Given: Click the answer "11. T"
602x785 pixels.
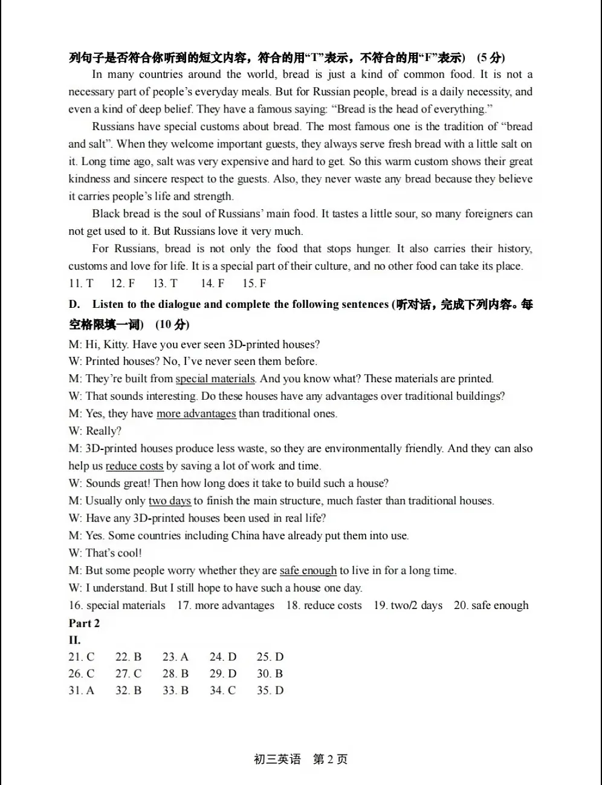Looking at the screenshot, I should (81, 283).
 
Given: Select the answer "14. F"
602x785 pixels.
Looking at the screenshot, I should (212, 283).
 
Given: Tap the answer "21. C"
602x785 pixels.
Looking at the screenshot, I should (82, 657).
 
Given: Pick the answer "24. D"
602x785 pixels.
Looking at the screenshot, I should (223, 657).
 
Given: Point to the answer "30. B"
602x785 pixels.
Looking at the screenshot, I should (270, 674).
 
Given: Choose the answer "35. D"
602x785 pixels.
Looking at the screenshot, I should (270, 691).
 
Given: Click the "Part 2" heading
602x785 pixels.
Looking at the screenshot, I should (84, 623).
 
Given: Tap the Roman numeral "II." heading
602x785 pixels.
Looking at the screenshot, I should (74, 640).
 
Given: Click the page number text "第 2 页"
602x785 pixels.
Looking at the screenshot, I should (330, 760).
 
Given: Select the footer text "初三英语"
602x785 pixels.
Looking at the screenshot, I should (277, 760).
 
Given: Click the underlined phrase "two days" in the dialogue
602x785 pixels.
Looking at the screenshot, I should (170, 501).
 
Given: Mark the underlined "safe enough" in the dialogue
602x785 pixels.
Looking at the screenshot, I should (308, 570).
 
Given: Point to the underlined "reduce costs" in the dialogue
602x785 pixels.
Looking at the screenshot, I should (134, 466).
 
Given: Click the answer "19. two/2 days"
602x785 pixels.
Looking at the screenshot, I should (408, 605).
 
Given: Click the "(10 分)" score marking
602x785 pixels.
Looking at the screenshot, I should (172, 325).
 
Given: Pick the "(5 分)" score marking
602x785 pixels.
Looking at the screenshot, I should (491, 57).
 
